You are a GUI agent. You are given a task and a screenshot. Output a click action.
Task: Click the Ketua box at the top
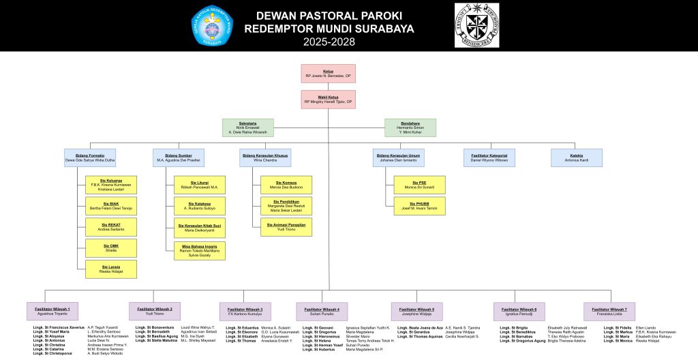coord(328,73)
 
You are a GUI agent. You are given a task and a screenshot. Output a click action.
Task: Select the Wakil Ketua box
coord(328,100)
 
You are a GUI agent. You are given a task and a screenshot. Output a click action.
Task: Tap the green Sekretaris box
coord(247,127)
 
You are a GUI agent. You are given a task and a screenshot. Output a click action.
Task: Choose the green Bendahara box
coord(410,127)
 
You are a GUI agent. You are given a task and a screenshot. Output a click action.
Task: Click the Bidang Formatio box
coord(90,157)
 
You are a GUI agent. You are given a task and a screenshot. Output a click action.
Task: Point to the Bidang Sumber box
coord(178,157)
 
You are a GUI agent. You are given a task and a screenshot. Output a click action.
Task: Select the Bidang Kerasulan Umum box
coord(399,157)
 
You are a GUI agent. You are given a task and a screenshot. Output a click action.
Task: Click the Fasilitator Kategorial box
coord(489,157)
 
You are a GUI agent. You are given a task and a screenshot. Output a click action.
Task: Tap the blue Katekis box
coord(577,157)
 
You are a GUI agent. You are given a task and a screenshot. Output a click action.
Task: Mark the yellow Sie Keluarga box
coord(111,185)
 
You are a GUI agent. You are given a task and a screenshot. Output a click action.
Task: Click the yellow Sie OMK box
coord(111,247)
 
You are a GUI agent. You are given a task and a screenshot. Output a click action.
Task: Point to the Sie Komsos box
coord(286,185)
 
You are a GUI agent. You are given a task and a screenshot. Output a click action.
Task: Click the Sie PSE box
coord(419,185)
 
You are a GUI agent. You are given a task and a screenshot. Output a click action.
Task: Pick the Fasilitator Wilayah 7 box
coord(609,311)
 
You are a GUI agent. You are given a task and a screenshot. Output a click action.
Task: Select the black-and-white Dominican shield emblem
coord(476,25)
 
